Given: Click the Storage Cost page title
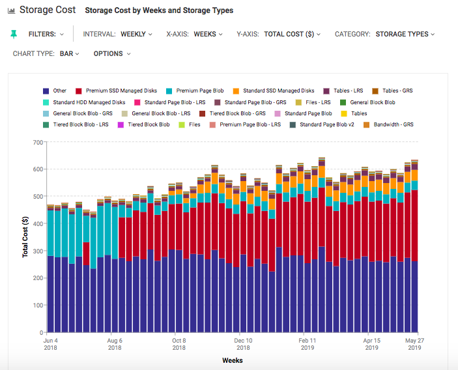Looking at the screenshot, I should (48, 10).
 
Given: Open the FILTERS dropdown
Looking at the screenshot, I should (46, 34).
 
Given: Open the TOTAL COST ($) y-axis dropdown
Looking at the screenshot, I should (293, 34).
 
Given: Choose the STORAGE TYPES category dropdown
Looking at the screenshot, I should (405, 34).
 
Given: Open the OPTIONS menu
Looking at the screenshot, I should (111, 53).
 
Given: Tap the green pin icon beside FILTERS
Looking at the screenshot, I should (14, 34).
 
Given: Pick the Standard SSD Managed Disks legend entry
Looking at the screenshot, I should (274, 91).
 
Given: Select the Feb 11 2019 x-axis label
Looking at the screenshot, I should (308, 344).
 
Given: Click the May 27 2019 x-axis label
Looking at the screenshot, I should (412, 344).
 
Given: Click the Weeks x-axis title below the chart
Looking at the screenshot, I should (233, 360).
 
